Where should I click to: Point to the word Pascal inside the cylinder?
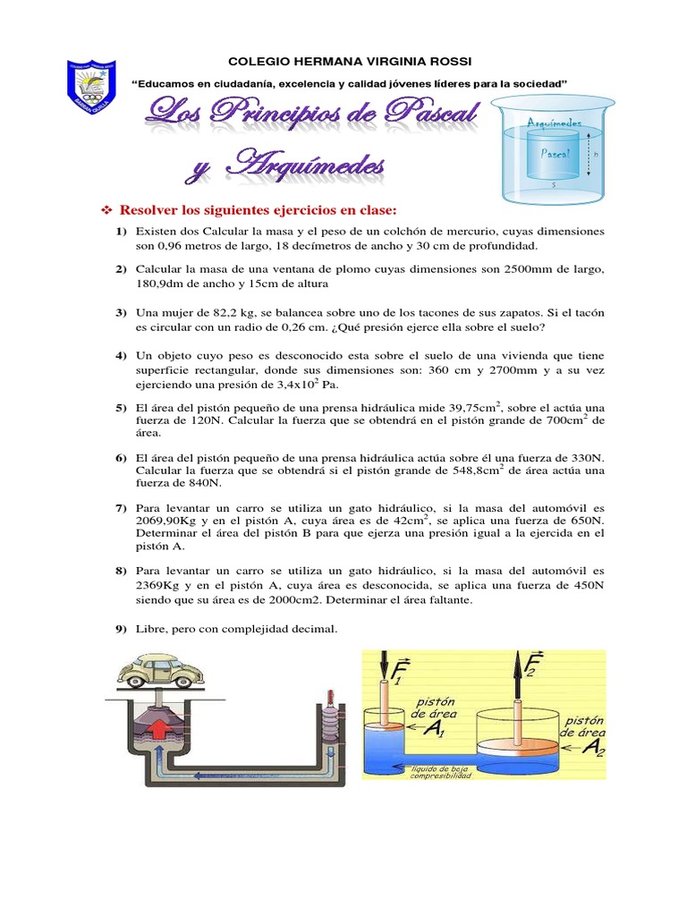(x=556, y=153)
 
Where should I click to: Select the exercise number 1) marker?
(x=121, y=232)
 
